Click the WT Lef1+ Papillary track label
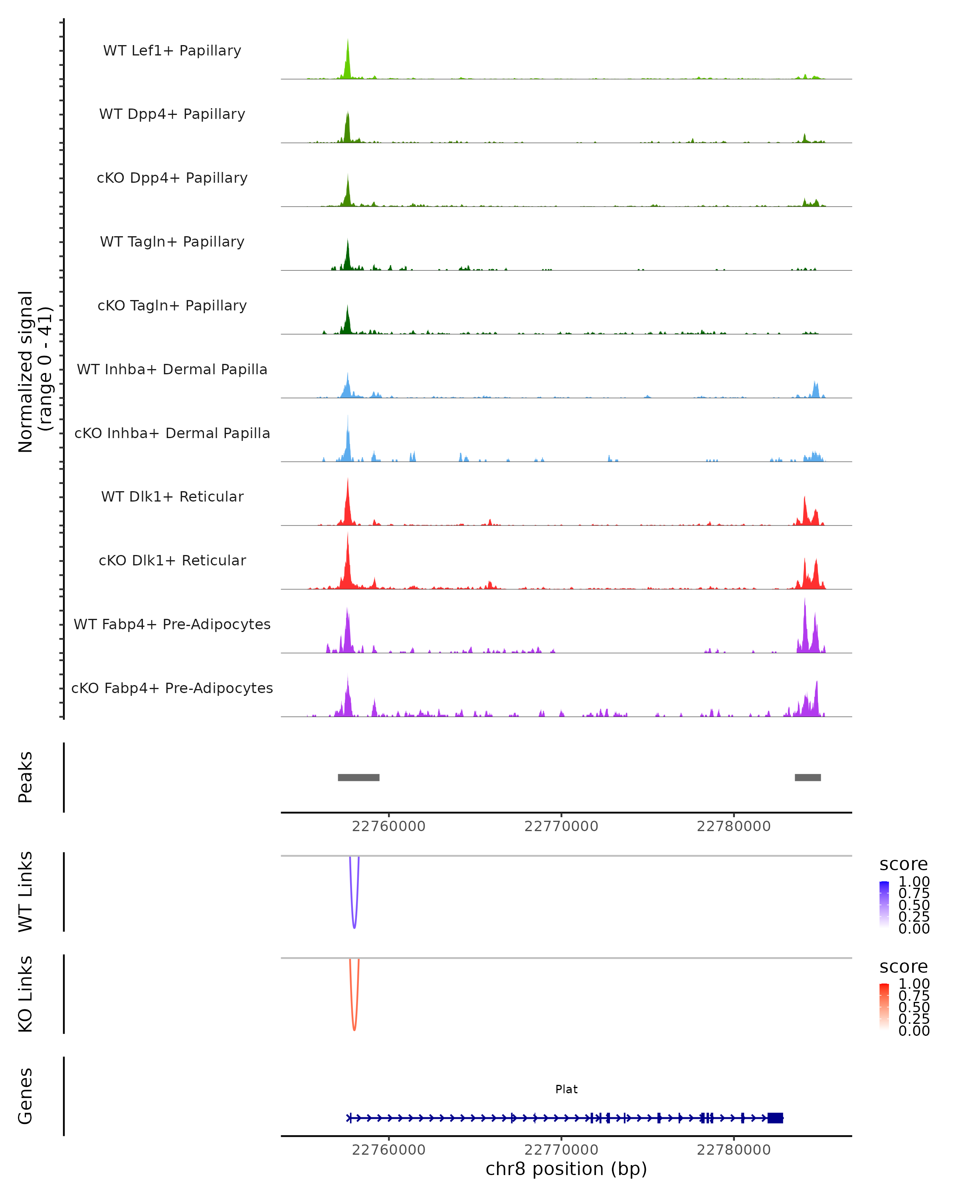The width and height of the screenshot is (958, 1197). point(172,51)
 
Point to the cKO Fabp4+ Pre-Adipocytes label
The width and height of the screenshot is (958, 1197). point(172,688)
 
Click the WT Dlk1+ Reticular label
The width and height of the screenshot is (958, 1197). point(172,496)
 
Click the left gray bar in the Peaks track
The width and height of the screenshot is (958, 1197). point(359,777)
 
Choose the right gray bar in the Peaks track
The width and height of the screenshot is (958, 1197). point(808,777)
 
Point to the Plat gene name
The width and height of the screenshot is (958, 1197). point(566,1089)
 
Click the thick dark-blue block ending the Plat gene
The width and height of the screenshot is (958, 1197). point(775,1118)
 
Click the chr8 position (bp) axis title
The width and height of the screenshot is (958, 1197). point(566,1169)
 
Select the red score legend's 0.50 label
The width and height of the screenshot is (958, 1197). point(914,1007)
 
